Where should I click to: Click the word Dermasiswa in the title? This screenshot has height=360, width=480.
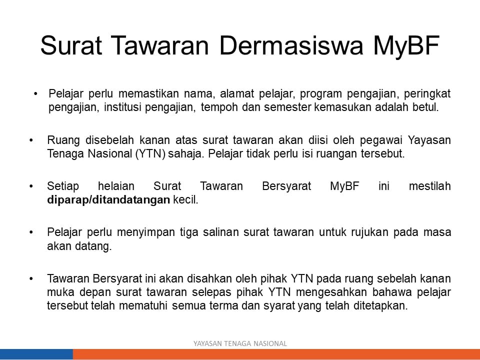[x=291, y=45]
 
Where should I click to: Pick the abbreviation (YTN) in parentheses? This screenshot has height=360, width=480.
[x=150, y=153]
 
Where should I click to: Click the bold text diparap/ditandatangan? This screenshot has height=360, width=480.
[x=108, y=200]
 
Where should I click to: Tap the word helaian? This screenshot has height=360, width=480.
[x=116, y=186]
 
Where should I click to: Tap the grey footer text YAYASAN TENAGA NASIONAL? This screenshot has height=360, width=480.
[x=240, y=344]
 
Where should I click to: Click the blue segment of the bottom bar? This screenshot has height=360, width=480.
[x=36, y=354]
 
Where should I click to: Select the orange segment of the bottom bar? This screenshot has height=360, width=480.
[x=276, y=354]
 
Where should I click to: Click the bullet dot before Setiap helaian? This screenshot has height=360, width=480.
[x=31, y=186]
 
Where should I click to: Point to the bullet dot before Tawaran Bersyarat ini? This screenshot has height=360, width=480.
[x=31, y=279]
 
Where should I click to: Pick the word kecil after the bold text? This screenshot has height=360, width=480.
[x=185, y=200]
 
